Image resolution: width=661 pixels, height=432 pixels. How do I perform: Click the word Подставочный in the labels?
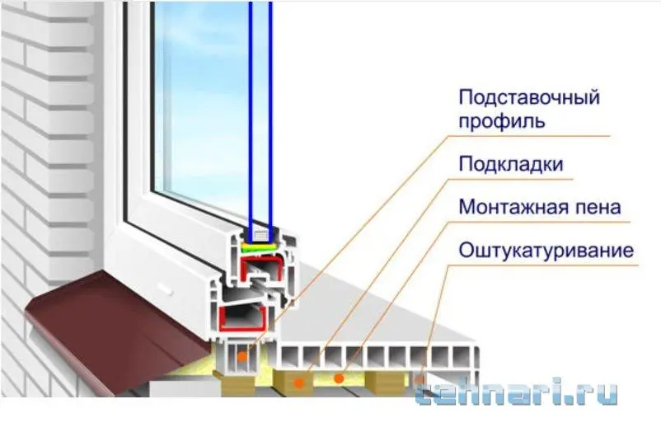(x=528, y=98)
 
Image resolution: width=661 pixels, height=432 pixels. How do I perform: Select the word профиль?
(x=501, y=124)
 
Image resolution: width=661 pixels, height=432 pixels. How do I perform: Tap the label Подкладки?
(x=511, y=164)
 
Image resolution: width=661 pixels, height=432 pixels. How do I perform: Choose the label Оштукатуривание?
(x=546, y=250)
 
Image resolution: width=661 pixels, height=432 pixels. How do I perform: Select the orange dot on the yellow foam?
(x=339, y=378)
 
